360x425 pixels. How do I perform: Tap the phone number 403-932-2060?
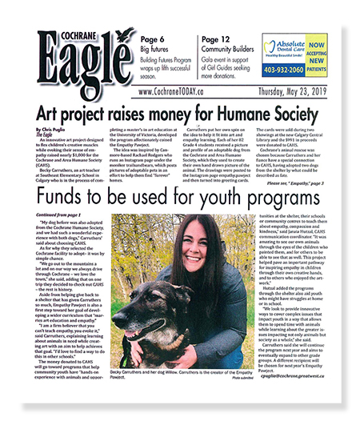292,70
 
